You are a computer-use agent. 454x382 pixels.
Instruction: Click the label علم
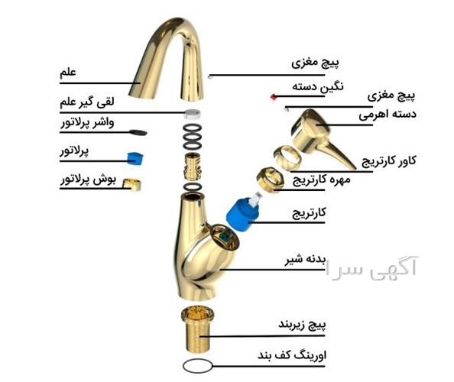point(68,73)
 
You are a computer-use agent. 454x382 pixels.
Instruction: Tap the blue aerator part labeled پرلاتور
point(135,158)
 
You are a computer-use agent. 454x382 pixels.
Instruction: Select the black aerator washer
point(138,132)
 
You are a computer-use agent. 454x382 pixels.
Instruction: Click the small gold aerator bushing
point(131,185)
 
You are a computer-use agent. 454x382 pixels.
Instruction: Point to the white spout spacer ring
point(193,114)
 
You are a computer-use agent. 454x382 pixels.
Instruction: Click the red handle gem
point(273,97)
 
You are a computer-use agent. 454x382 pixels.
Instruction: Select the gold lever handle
point(321,136)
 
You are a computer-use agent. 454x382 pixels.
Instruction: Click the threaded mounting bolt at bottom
point(197,329)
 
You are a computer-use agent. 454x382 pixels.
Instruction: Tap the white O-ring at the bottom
point(197,366)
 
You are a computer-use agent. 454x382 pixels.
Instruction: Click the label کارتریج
point(309,214)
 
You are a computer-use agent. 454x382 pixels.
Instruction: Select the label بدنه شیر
point(306,259)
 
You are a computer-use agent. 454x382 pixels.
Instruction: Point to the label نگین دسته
point(318,87)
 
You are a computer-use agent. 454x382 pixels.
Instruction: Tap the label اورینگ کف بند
point(292,355)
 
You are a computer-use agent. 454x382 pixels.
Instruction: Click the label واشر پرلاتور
point(87,123)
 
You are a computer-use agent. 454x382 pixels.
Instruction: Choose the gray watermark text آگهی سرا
point(371,266)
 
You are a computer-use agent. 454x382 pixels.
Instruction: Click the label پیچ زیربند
point(302,325)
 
